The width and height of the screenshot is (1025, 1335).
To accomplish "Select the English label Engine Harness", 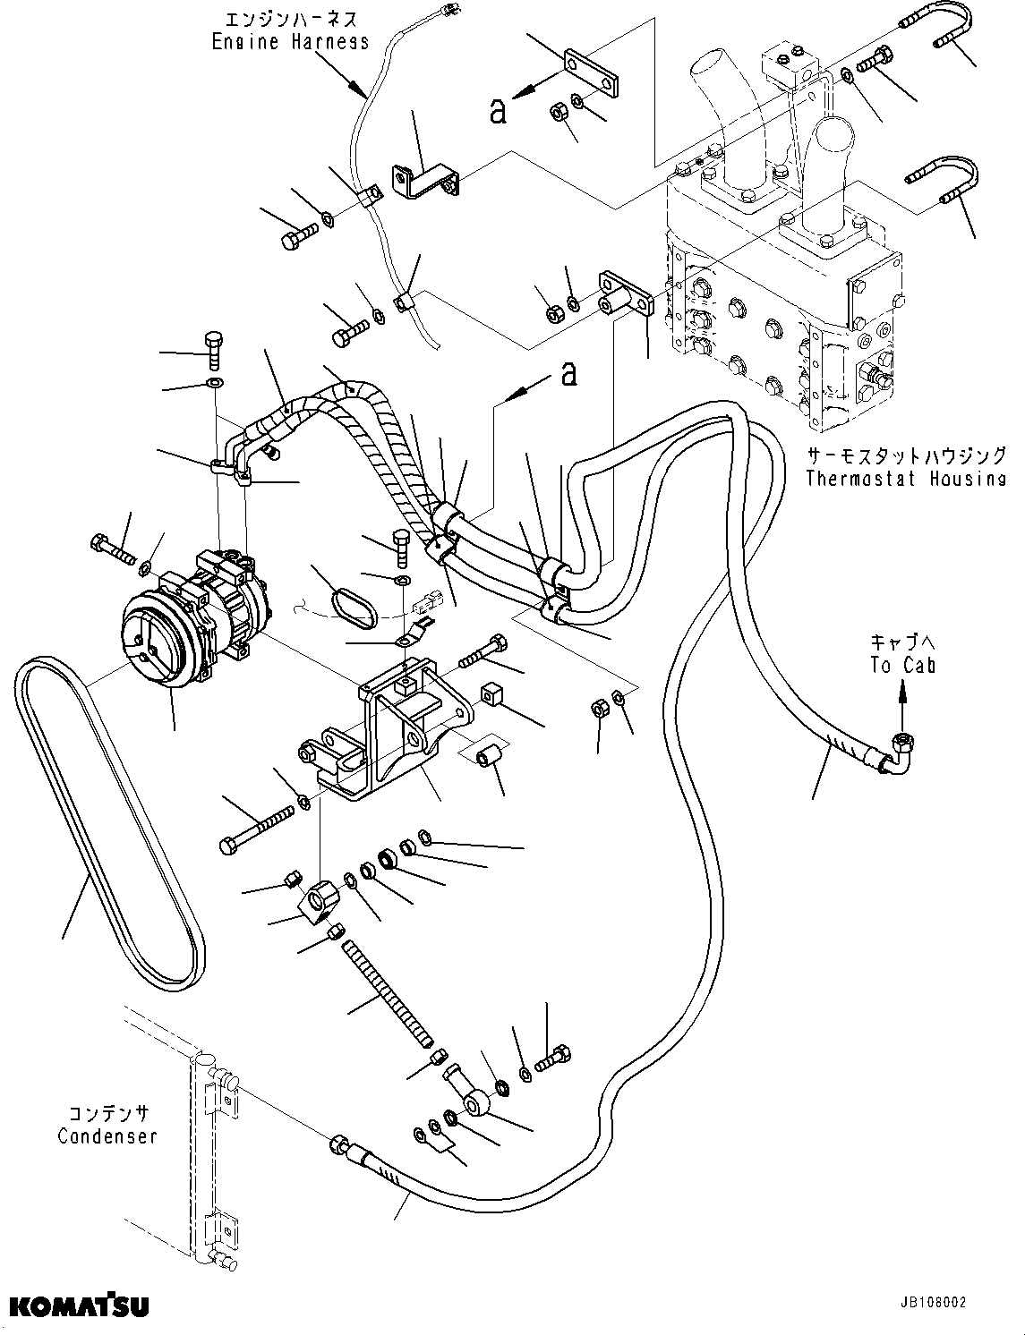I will (x=290, y=41).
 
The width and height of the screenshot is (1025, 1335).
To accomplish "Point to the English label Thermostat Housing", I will (x=905, y=479).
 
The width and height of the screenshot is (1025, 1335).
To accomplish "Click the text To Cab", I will (x=901, y=666).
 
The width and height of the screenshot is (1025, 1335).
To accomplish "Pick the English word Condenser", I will (x=107, y=1136).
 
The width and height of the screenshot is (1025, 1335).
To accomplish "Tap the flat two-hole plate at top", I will (x=592, y=75).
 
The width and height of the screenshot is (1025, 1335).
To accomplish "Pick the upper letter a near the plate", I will (x=499, y=110).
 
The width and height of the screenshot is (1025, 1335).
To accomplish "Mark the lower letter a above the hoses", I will (x=568, y=374).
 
